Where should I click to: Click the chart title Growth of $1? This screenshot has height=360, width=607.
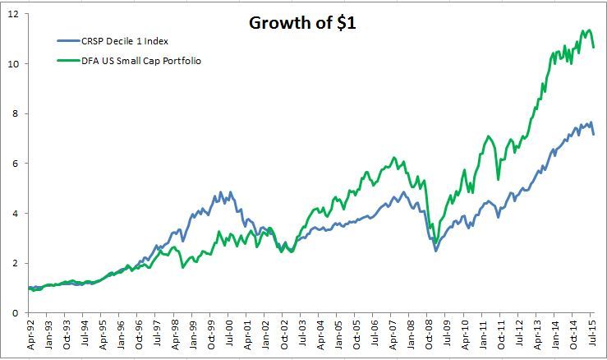coord(302,22)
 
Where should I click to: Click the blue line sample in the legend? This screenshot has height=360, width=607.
coord(69,40)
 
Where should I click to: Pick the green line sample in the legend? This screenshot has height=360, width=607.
coord(69,59)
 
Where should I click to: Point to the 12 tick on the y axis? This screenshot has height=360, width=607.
coord(13,14)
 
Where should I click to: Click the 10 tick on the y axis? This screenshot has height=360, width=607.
coord(13,63)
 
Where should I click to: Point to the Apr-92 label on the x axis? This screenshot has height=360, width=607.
coord(31,337)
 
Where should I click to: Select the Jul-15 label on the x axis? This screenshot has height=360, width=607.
coord(591,337)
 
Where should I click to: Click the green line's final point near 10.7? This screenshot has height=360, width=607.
coord(594,47)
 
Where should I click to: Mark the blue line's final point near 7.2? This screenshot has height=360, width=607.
coord(594,133)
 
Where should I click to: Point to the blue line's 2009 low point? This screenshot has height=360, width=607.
coord(435,250)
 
